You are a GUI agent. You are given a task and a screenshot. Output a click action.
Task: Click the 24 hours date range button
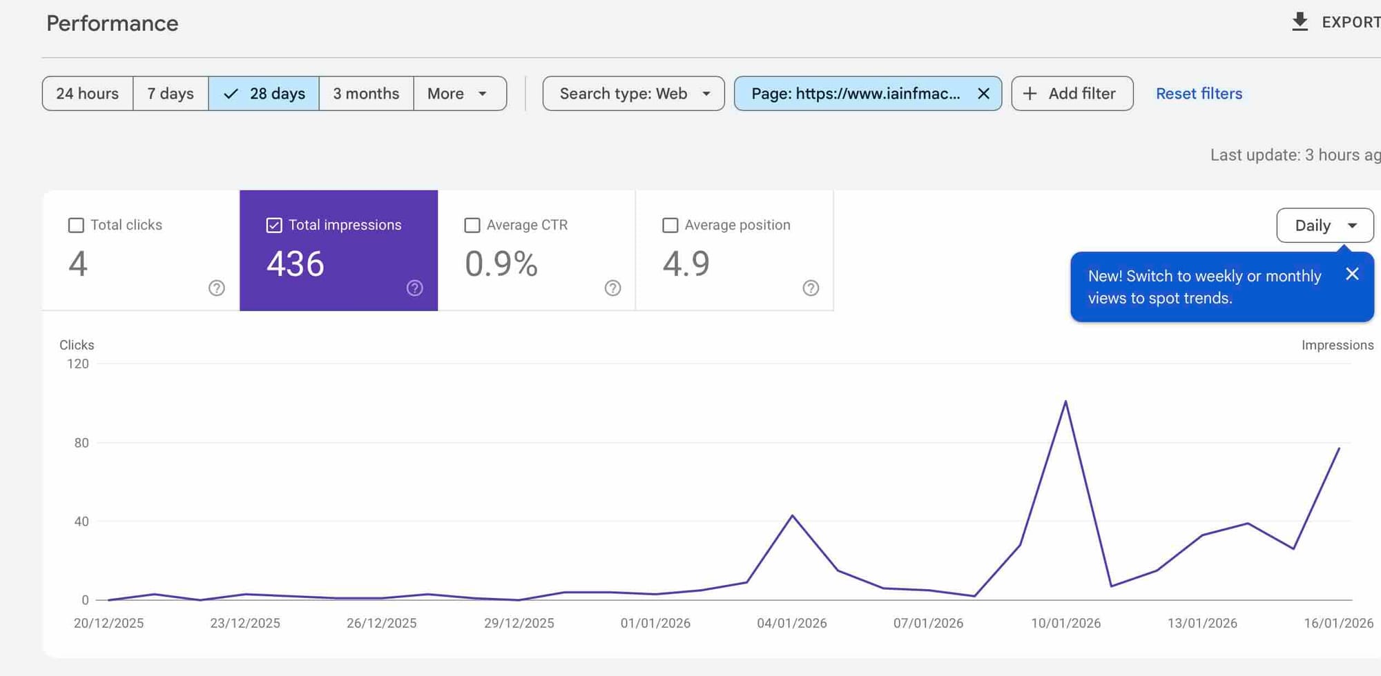(88, 93)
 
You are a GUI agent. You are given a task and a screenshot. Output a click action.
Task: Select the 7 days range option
(171, 93)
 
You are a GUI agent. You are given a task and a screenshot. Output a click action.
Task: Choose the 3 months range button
(366, 93)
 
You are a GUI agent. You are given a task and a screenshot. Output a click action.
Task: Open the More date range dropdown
(459, 93)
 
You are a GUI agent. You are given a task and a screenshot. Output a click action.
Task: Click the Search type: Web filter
(633, 93)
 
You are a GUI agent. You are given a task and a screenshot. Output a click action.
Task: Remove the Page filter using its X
(984, 93)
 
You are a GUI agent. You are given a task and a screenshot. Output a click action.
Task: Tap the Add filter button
(1072, 93)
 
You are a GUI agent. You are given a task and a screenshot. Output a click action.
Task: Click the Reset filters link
(1199, 93)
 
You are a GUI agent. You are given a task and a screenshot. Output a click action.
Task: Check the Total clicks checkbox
(76, 226)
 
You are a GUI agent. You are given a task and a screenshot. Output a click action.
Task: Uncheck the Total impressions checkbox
(274, 226)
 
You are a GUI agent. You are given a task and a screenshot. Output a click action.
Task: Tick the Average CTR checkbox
(472, 226)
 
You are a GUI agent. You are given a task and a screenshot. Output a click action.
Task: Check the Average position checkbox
(670, 226)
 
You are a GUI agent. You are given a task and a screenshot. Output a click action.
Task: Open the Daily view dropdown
(1324, 226)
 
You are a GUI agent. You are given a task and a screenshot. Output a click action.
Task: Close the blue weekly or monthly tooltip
(1352, 274)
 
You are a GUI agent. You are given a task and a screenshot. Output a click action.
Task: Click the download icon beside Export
(1300, 22)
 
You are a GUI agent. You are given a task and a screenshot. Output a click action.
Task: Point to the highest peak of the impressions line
(1065, 401)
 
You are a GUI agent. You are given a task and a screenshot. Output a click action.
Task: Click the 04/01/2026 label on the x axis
(791, 623)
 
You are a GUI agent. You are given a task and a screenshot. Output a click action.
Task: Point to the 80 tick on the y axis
(81, 443)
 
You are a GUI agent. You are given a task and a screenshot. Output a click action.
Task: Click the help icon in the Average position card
(811, 288)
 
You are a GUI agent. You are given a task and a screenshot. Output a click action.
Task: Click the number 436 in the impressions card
(296, 264)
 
